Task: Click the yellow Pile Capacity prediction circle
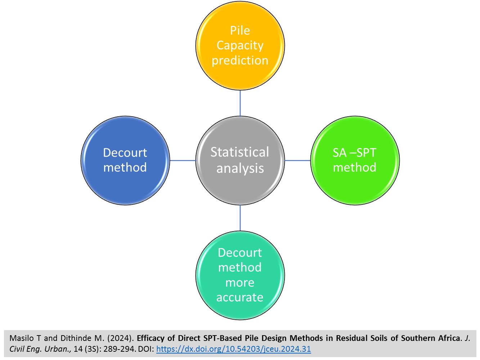coord(240,45)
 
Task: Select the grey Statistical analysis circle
coord(240,160)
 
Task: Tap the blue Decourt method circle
coord(125,160)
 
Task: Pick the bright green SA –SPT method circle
coord(355,160)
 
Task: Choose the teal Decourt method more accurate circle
coord(240,275)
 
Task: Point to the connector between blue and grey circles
coord(183,160)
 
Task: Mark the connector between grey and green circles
coord(297,160)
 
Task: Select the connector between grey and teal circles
coord(240,218)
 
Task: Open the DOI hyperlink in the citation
coord(233,349)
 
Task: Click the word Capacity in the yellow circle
coord(240,45)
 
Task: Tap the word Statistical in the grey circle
coord(240,152)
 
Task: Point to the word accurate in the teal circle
coord(240,297)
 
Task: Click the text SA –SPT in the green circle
coord(354,153)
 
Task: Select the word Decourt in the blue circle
coord(125,153)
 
